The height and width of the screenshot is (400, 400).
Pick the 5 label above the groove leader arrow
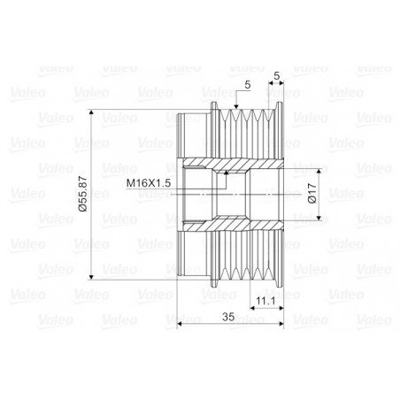coord(247,84)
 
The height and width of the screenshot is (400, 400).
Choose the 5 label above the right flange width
coord(279,76)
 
